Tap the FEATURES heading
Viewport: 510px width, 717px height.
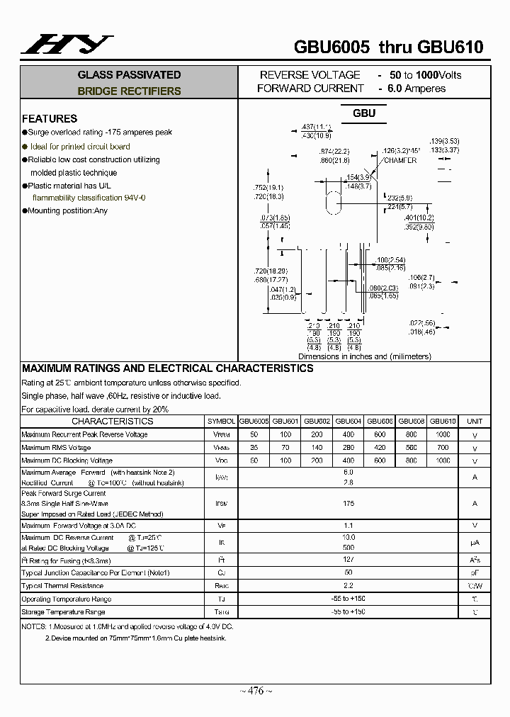50,118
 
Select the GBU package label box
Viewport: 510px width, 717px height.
364,113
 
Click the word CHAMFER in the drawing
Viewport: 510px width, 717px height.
400,161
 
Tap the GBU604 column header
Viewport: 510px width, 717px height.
348,421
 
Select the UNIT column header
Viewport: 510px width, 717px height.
475,421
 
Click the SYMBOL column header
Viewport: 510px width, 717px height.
221,421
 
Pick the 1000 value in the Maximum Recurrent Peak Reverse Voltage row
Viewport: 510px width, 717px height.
443,434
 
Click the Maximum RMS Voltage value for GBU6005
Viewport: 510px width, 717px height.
254,448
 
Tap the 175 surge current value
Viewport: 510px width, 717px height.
348,503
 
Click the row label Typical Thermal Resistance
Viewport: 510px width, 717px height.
62,586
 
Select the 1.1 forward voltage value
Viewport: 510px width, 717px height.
348,525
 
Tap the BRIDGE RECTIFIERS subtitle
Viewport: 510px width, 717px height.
129,91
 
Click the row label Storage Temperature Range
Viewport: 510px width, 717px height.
63,612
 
